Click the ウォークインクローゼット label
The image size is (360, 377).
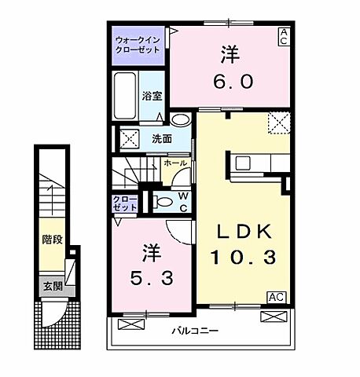pyautogui.click(x=138, y=44)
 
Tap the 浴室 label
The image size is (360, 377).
pyautogui.click(x=152, y=96)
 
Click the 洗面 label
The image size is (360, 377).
pyautogui.click(x=162, y=138)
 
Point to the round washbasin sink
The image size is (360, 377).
pyautogui.click(x=181, y=121)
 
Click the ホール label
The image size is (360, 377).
pyautogui.click(x=174, y=163)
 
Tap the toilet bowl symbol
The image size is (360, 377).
pyautogui.click(x=163, y=201)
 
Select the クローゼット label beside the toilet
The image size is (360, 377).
pyautogui.click(x=125, y=203)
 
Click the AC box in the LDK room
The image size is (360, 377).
pyautogui.click(x=276, y=297)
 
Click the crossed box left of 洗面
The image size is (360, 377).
pyautogui.click(x=127, y=138)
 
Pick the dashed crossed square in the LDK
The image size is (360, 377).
pyautogui.click(x=278, y=123)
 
